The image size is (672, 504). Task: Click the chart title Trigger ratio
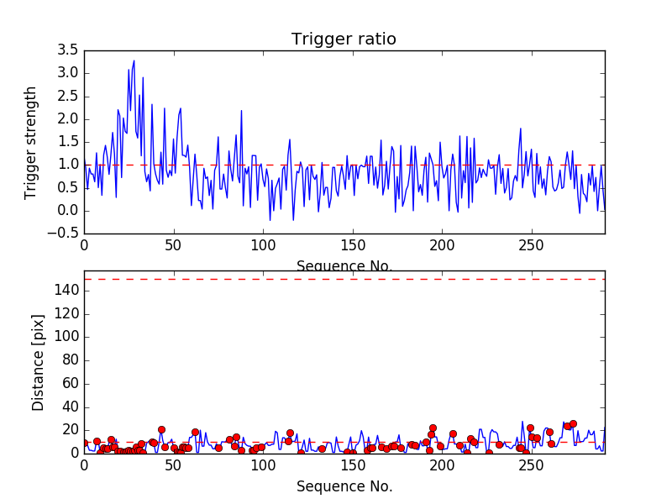344,39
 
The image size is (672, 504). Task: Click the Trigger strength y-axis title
31,142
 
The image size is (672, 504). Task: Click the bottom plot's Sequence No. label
344,486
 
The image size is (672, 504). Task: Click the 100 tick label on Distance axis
67,337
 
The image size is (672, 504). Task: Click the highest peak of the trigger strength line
134,60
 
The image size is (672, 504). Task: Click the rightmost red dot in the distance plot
573,424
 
